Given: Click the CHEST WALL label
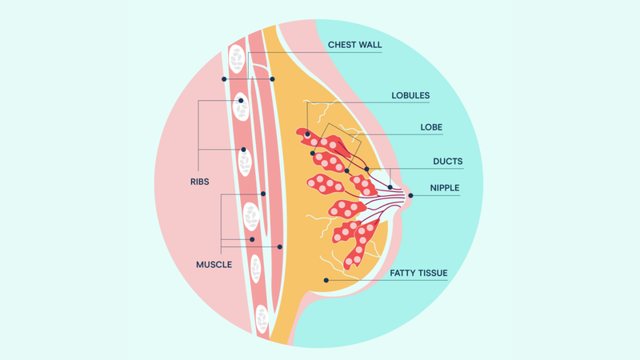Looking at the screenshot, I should click(x=354, y=46).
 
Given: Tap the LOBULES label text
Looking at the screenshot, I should click(x=410, y=96).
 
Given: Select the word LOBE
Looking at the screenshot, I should click(x=431, y=127).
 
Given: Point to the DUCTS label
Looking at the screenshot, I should click(x=448, y=162).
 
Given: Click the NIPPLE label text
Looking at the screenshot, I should click(x=446, y=189).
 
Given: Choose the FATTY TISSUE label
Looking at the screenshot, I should click(x=418, y=274).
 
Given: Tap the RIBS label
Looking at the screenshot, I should click(x=200, y=182).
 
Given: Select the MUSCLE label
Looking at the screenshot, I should click(x=214, y=264).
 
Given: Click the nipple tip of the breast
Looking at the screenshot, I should click(x=410, y=194).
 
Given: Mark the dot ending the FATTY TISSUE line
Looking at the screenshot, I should click(x=326, y=279).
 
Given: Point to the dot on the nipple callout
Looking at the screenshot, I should click(x=410, y=194).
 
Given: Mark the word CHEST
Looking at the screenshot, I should click(x=342, y=46).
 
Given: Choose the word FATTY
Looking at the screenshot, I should click(x=403, y=274).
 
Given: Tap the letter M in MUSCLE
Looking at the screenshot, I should click(x=200, y=264).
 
